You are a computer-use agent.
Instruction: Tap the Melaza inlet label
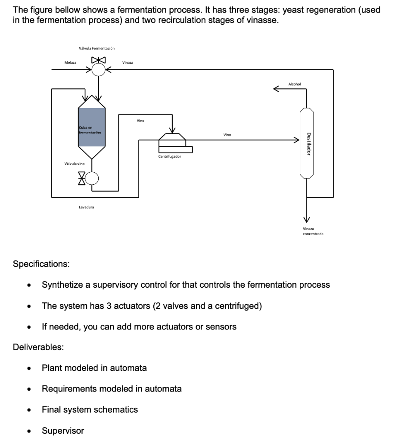[70, 63]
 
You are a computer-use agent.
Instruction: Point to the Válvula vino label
[74, 164]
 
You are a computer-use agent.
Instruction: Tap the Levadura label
[86, 207]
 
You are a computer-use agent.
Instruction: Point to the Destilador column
[306, 143]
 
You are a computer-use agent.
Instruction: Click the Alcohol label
[295, 84]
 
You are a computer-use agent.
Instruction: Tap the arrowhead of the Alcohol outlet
[276, 89]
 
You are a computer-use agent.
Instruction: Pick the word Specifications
[41, 264]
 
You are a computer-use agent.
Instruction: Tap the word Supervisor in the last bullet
[63, 431]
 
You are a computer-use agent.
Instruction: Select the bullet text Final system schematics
[90, 410]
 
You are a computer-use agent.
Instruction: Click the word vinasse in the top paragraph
[262, 21]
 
